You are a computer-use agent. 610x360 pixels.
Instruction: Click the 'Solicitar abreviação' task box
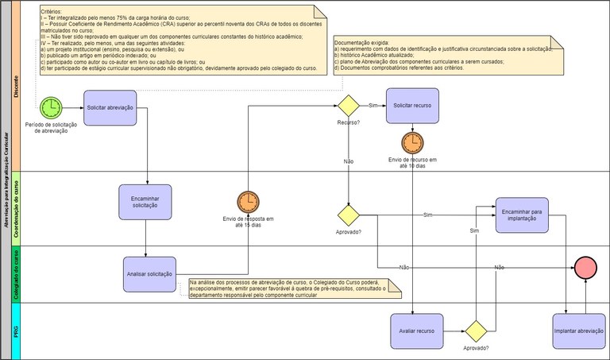coord(115,106)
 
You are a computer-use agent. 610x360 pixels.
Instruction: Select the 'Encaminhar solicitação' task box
coord(145,201)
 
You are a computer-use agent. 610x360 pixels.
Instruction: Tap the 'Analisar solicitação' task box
coord(149,273)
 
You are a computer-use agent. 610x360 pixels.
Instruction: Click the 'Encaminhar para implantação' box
coord(522,215)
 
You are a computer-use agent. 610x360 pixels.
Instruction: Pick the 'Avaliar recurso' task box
coord(416,331)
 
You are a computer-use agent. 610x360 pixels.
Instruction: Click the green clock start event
coord(50,107)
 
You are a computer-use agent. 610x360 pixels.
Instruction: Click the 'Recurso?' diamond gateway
coord(349,106)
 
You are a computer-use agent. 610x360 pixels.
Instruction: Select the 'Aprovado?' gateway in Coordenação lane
coord(349,215)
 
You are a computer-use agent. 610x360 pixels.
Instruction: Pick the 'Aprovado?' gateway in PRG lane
coord(476,331)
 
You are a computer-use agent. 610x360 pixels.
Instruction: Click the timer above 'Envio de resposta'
coord(248,201)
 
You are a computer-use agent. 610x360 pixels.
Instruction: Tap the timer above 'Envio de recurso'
coord(412,142)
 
